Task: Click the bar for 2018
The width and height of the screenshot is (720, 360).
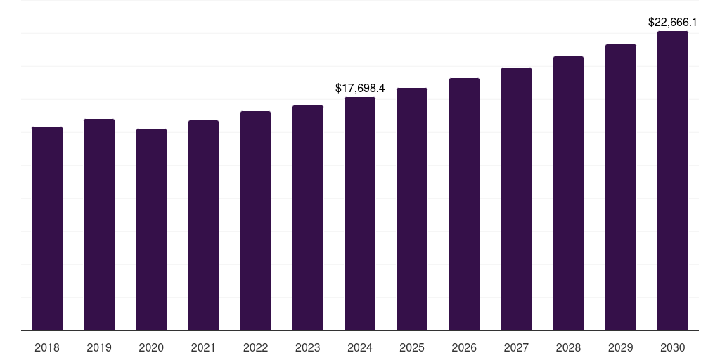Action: pos(47,229)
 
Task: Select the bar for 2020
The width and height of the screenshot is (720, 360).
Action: pos(151,230)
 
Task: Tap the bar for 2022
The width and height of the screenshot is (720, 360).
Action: pos(255,221)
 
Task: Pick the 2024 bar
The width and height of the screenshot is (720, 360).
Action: pos(360,214)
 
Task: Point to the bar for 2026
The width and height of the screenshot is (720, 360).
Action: pos(464,205)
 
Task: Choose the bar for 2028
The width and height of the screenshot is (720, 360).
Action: pos(568,193)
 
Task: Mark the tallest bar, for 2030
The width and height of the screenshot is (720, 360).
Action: pos(673,181)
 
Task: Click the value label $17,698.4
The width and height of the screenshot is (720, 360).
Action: pos(360,89)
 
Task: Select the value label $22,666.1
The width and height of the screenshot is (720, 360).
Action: pos(673,22)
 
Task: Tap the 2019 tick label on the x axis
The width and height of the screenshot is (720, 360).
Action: pos(99,347)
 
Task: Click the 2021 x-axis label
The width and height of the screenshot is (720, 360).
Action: pos(203,347)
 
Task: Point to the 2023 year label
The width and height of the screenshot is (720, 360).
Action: pos(308,347)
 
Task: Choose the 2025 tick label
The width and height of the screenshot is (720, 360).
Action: pos(412,347)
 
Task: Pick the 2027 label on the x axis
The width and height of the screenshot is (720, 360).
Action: pos(516,347)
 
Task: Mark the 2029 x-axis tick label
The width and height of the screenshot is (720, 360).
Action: pos(621,347)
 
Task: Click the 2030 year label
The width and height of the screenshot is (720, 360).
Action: pos(673,347)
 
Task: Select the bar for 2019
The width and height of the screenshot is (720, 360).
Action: pos(99,225)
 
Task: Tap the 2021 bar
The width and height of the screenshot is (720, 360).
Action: pos(203,226)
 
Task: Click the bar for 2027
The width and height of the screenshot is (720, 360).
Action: pos(516,199)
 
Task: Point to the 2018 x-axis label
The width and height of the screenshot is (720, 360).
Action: pos(47,347)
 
